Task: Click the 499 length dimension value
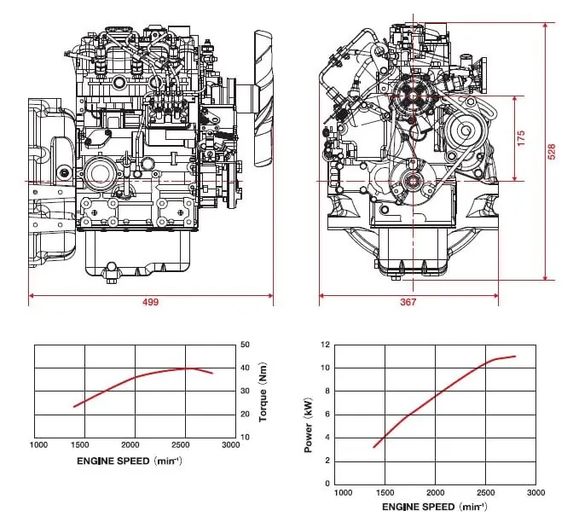pyautogui.click(x=150, y=302)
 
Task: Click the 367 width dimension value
pyautogui.click(x=408, y=302)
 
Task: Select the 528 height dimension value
pyautogui.click(x=552, y=152)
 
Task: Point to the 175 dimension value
pyautogui.click(x=521, y=138)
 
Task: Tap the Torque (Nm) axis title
pyautogui.click(x=263, y=391)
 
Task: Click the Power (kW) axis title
pyautogui.click(x=309, y=425)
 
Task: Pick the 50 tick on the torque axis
pyautogui.click(x=245, y=345)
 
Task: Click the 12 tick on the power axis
pyautogui.click(x=325, y=345)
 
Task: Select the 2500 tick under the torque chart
pyautogui.click(x=181, y=445)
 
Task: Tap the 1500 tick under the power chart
pyautogui.click(x=385, y=492)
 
